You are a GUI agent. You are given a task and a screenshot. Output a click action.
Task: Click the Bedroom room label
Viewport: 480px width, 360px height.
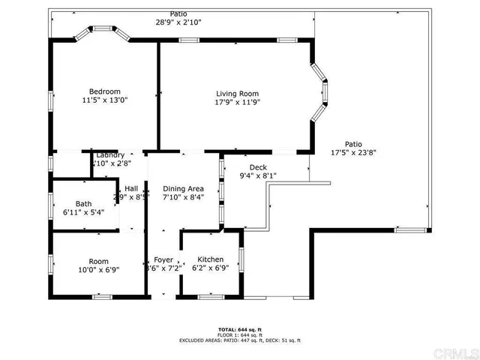click(x=104, y=91)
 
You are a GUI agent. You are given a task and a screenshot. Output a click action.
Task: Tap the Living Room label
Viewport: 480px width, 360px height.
click(x=237, y=94)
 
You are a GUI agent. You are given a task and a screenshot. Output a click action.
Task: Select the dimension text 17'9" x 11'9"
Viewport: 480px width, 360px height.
click(x=237, y=103)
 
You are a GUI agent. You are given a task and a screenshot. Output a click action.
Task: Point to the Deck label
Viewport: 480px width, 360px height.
click(x=258, y=167)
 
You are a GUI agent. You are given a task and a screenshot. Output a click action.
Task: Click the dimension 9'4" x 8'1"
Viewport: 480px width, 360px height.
click(x=258, y=176)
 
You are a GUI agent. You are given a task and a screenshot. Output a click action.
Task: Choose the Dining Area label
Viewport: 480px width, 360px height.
click(x=184, y=189)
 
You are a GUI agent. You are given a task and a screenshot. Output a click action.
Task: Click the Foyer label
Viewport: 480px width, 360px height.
click(x=163, y=259)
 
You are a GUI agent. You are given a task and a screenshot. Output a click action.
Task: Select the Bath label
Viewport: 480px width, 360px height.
click(x=83, y=204)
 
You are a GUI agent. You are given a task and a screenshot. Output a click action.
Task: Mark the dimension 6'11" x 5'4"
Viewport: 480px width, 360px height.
click(x=83, y=213)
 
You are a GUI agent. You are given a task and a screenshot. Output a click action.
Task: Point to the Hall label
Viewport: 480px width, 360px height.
click(x=131, y=189)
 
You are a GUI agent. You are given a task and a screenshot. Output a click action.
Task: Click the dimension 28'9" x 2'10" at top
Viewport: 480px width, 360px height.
click(x=178, y=22)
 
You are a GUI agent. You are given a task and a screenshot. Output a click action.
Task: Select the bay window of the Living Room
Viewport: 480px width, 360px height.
click(x=320, y=91)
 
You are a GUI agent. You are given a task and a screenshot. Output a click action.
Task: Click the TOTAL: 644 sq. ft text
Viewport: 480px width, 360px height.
click(x=239, y=329)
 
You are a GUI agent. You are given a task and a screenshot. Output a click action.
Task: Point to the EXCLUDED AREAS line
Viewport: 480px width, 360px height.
click(x=239, y=340)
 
